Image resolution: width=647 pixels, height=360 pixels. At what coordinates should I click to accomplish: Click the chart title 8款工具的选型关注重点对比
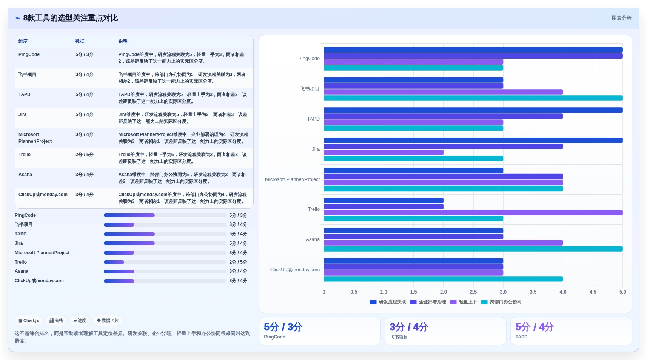[71, 18]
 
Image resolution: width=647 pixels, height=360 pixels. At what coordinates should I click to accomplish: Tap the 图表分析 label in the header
[621, 18]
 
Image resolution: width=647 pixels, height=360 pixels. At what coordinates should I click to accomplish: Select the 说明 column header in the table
[123, 41]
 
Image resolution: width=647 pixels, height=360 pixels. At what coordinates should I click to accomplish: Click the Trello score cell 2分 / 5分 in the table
[84, 155]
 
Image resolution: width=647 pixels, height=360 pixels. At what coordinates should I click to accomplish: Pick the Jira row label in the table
[23, 114]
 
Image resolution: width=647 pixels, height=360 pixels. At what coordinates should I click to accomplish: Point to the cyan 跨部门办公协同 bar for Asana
[473, 249]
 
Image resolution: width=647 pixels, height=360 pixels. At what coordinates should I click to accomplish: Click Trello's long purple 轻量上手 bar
[473, 213]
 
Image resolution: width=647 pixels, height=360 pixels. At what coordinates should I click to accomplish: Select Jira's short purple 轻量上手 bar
[384, 152]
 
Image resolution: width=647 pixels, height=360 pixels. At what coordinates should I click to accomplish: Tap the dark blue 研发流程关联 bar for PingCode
[473, 50]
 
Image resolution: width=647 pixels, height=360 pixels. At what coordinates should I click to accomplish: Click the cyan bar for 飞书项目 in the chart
[473, 98]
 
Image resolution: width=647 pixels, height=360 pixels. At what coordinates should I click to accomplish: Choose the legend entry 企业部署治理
[428, 302]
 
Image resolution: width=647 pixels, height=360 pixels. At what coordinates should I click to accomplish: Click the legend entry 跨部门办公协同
[501, 302]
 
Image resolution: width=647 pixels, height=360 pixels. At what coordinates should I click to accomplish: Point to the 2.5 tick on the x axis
[473, 292]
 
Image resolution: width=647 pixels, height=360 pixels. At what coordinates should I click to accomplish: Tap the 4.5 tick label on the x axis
[593, 292]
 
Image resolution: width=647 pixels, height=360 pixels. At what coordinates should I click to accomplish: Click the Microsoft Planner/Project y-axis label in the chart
[292, 179]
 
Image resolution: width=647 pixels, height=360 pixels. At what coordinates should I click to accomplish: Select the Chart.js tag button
[29, 320]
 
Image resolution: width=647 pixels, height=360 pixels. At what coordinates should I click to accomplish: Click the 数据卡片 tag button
[108, 320]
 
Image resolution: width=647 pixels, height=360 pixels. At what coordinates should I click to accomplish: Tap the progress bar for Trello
[165, 262]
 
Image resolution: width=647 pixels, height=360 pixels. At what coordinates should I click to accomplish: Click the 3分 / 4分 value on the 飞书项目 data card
[409, 327]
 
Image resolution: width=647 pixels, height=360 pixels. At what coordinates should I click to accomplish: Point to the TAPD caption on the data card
[521, 337]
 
